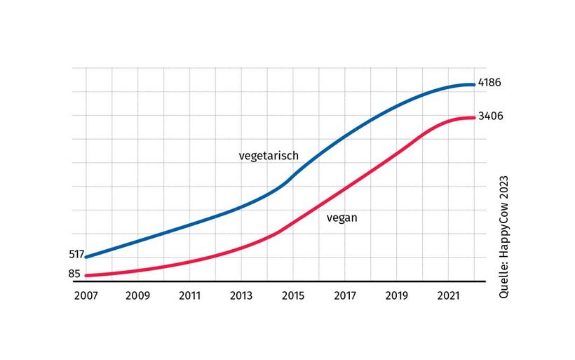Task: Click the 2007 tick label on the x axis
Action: point(86,295)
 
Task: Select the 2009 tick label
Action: point(137,295)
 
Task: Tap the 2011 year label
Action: point(189,295)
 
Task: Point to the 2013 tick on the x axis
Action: point(241,295)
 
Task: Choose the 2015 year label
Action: point(293,295)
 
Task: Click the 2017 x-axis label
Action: point(345,295)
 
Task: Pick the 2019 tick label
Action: point(397,295)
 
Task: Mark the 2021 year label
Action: point(449,295)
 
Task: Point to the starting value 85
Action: point(74,274)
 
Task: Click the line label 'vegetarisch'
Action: point(269,155)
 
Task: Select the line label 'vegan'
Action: point(342,218)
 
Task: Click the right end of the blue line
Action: point(474,85)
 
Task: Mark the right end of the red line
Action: point(474,118)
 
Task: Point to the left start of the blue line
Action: point(86,256)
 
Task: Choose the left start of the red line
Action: point(86,275)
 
